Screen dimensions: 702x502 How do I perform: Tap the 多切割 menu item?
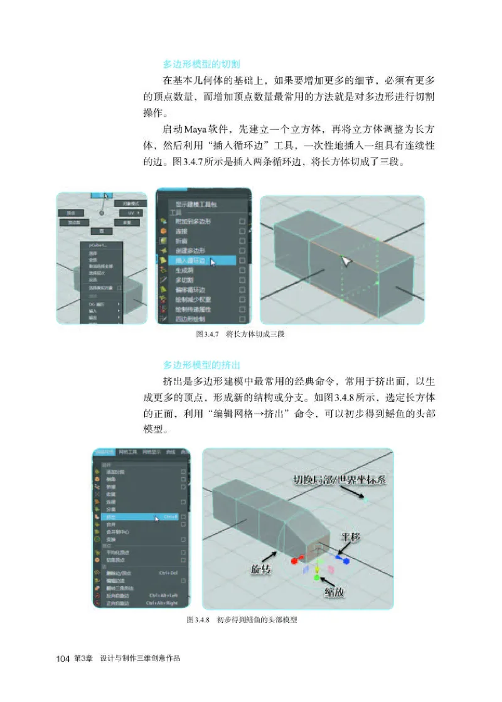click(185, 279)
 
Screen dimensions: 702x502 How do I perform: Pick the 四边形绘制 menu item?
click(189, 318)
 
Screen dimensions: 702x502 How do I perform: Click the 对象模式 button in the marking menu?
click(130, 203)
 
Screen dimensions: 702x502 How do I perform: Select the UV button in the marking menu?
click(131, 213)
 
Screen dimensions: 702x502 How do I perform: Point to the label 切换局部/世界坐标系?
click(339, 481)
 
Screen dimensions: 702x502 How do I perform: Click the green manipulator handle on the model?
click(318, 576)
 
